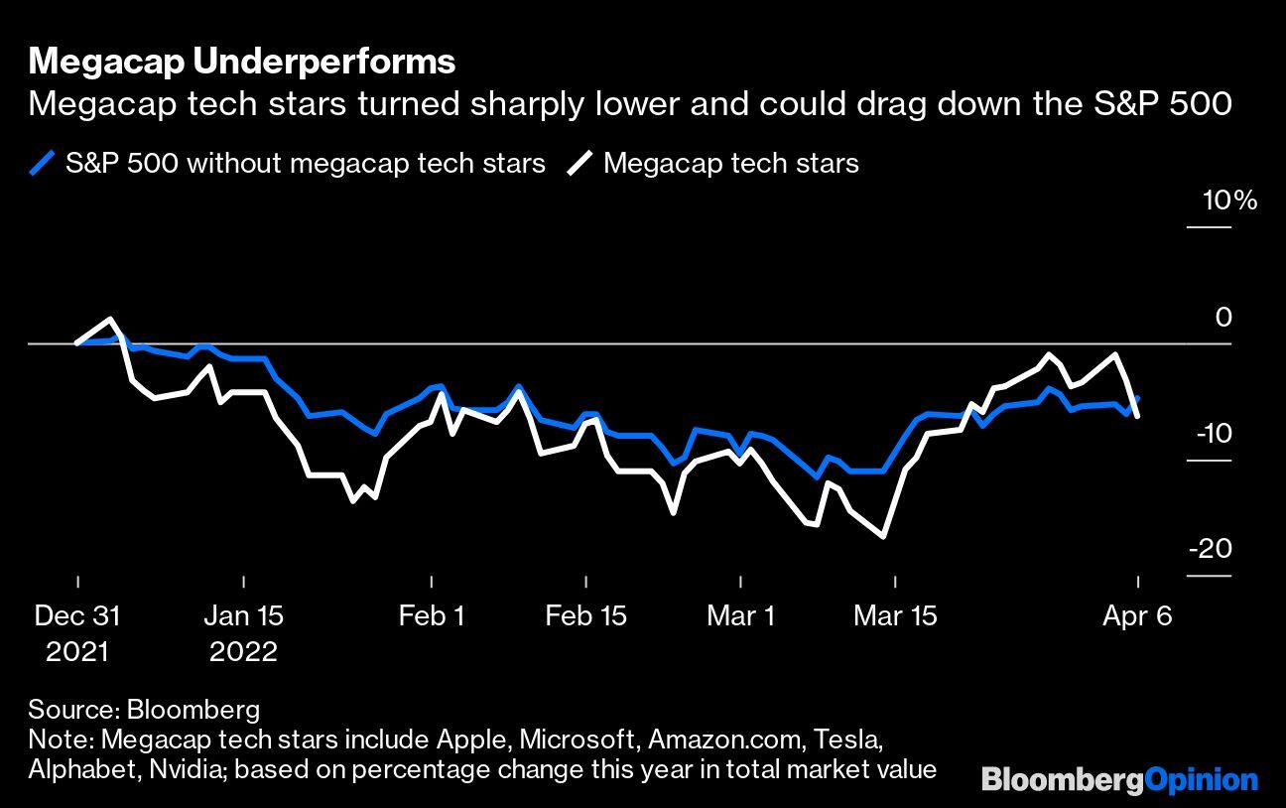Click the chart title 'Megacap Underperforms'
(x=242, y=62)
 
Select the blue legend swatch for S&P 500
(x=43, y=163)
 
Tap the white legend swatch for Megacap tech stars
(x=580, y=163)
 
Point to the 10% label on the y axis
(x=1229, y=202)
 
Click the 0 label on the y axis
(x=1223, y=317)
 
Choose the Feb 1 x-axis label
(x=432, y=616)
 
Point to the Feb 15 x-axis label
(x=585, y=616)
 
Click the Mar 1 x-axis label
(x=740, y=616)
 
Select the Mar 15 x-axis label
(x=895, y=616)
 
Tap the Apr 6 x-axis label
(x=1137, y=616)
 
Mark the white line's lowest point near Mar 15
(x=882, y=537)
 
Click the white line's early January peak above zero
(x=109, y=319)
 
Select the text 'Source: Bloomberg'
(x=144, y=710)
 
